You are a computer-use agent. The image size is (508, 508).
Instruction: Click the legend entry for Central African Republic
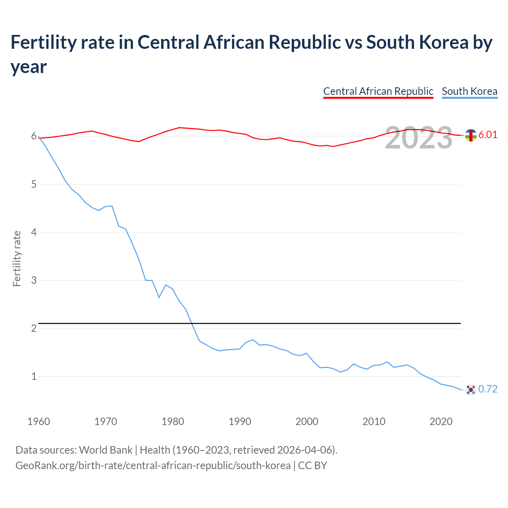378,91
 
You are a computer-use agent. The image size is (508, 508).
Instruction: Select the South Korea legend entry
470,91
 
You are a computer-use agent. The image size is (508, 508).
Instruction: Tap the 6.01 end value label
488,135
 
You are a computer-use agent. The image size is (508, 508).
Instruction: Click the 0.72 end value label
488,389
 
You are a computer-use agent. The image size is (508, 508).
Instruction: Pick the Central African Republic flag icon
471,135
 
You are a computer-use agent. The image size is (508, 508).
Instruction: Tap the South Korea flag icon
471,390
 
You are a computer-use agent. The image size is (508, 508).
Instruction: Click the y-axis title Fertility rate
17,258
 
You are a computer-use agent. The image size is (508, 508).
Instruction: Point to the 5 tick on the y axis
34,184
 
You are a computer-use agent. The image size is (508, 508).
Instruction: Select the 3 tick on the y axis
34,280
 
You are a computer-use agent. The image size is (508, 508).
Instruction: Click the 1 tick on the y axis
34,376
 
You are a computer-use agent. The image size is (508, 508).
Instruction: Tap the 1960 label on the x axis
38,421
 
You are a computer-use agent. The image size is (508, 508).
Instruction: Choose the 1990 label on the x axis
240,421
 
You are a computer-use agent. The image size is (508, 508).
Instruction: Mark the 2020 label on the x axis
441,421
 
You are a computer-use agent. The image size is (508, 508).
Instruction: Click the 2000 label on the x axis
307,421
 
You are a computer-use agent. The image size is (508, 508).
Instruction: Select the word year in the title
29,67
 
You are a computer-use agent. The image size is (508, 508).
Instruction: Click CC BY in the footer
312,465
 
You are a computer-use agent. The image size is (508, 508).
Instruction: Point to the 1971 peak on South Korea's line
112,206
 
